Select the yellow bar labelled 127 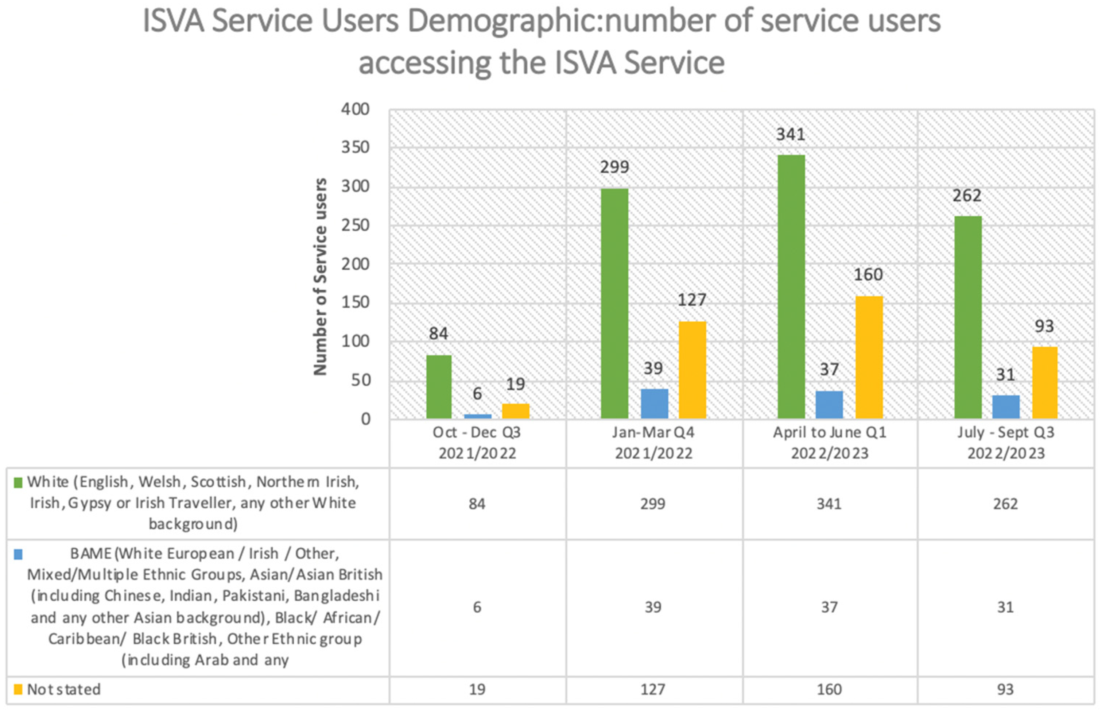692,370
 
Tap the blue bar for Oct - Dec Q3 477,416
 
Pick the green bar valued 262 968,317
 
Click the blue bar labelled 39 654,404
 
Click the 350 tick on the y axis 355,148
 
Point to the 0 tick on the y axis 365,419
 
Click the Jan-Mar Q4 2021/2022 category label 653,443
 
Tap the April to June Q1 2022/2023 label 830,443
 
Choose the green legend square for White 18,483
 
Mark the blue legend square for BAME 18,554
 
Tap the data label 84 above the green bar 439,334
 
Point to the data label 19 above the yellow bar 515,384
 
